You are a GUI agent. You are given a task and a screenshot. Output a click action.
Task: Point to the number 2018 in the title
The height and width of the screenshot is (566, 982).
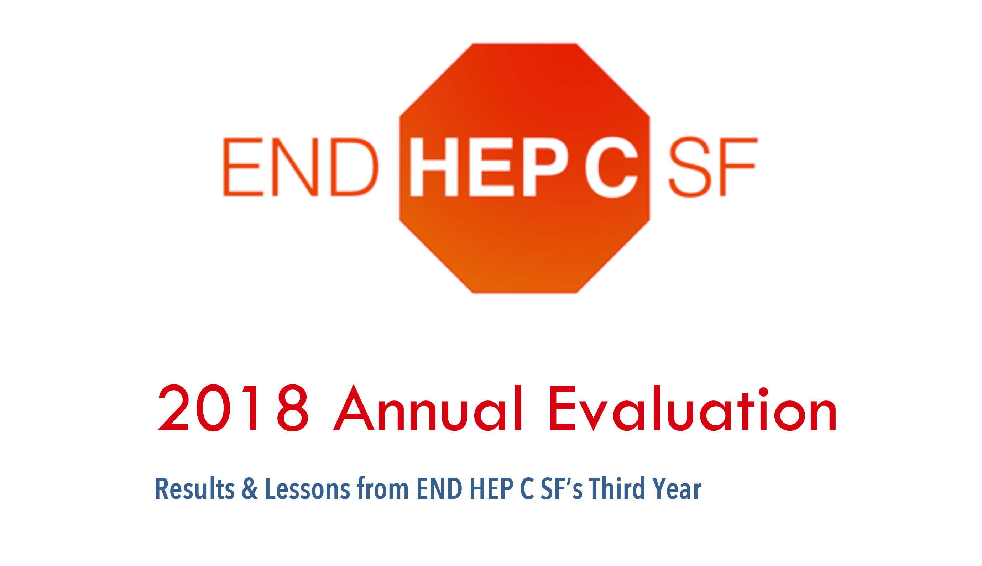233,408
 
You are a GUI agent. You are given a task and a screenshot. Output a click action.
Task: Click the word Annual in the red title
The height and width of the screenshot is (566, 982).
427,408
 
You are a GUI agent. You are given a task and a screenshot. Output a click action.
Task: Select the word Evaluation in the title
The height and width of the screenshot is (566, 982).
693,408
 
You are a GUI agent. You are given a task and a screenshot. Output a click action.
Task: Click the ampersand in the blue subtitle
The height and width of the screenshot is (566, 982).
250,489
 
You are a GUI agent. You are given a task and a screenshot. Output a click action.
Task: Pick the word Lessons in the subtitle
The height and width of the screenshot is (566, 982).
308,489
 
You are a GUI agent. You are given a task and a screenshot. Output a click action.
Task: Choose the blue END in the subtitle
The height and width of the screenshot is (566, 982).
439,489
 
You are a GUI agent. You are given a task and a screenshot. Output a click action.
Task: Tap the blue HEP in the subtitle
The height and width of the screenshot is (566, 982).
491,489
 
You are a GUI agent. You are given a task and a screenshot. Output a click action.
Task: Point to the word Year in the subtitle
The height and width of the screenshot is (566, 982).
677,489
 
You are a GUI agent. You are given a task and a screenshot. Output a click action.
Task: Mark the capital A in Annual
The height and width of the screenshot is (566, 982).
353,408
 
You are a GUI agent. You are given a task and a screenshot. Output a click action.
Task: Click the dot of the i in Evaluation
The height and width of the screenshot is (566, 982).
763,392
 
